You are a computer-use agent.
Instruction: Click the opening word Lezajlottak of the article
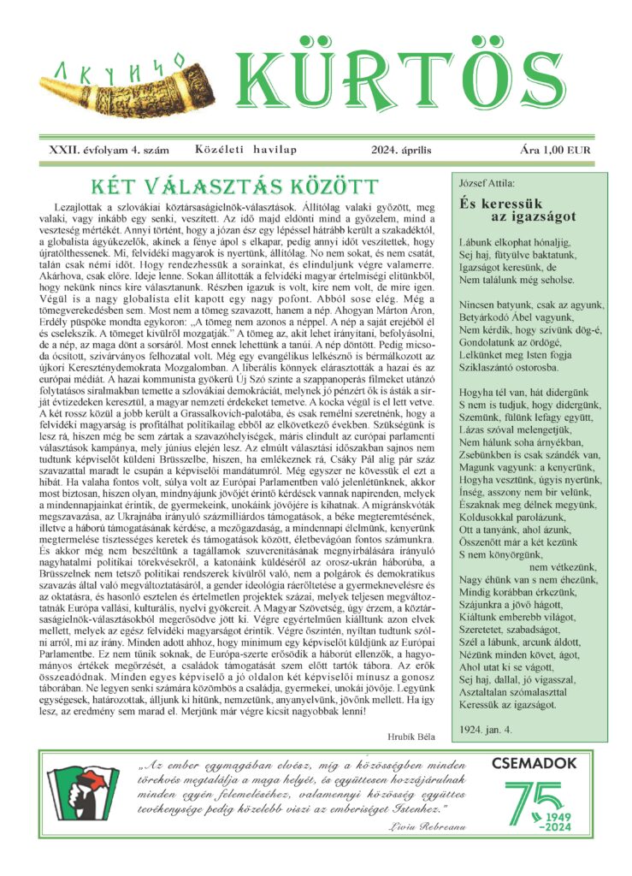(x=82, y=206)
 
